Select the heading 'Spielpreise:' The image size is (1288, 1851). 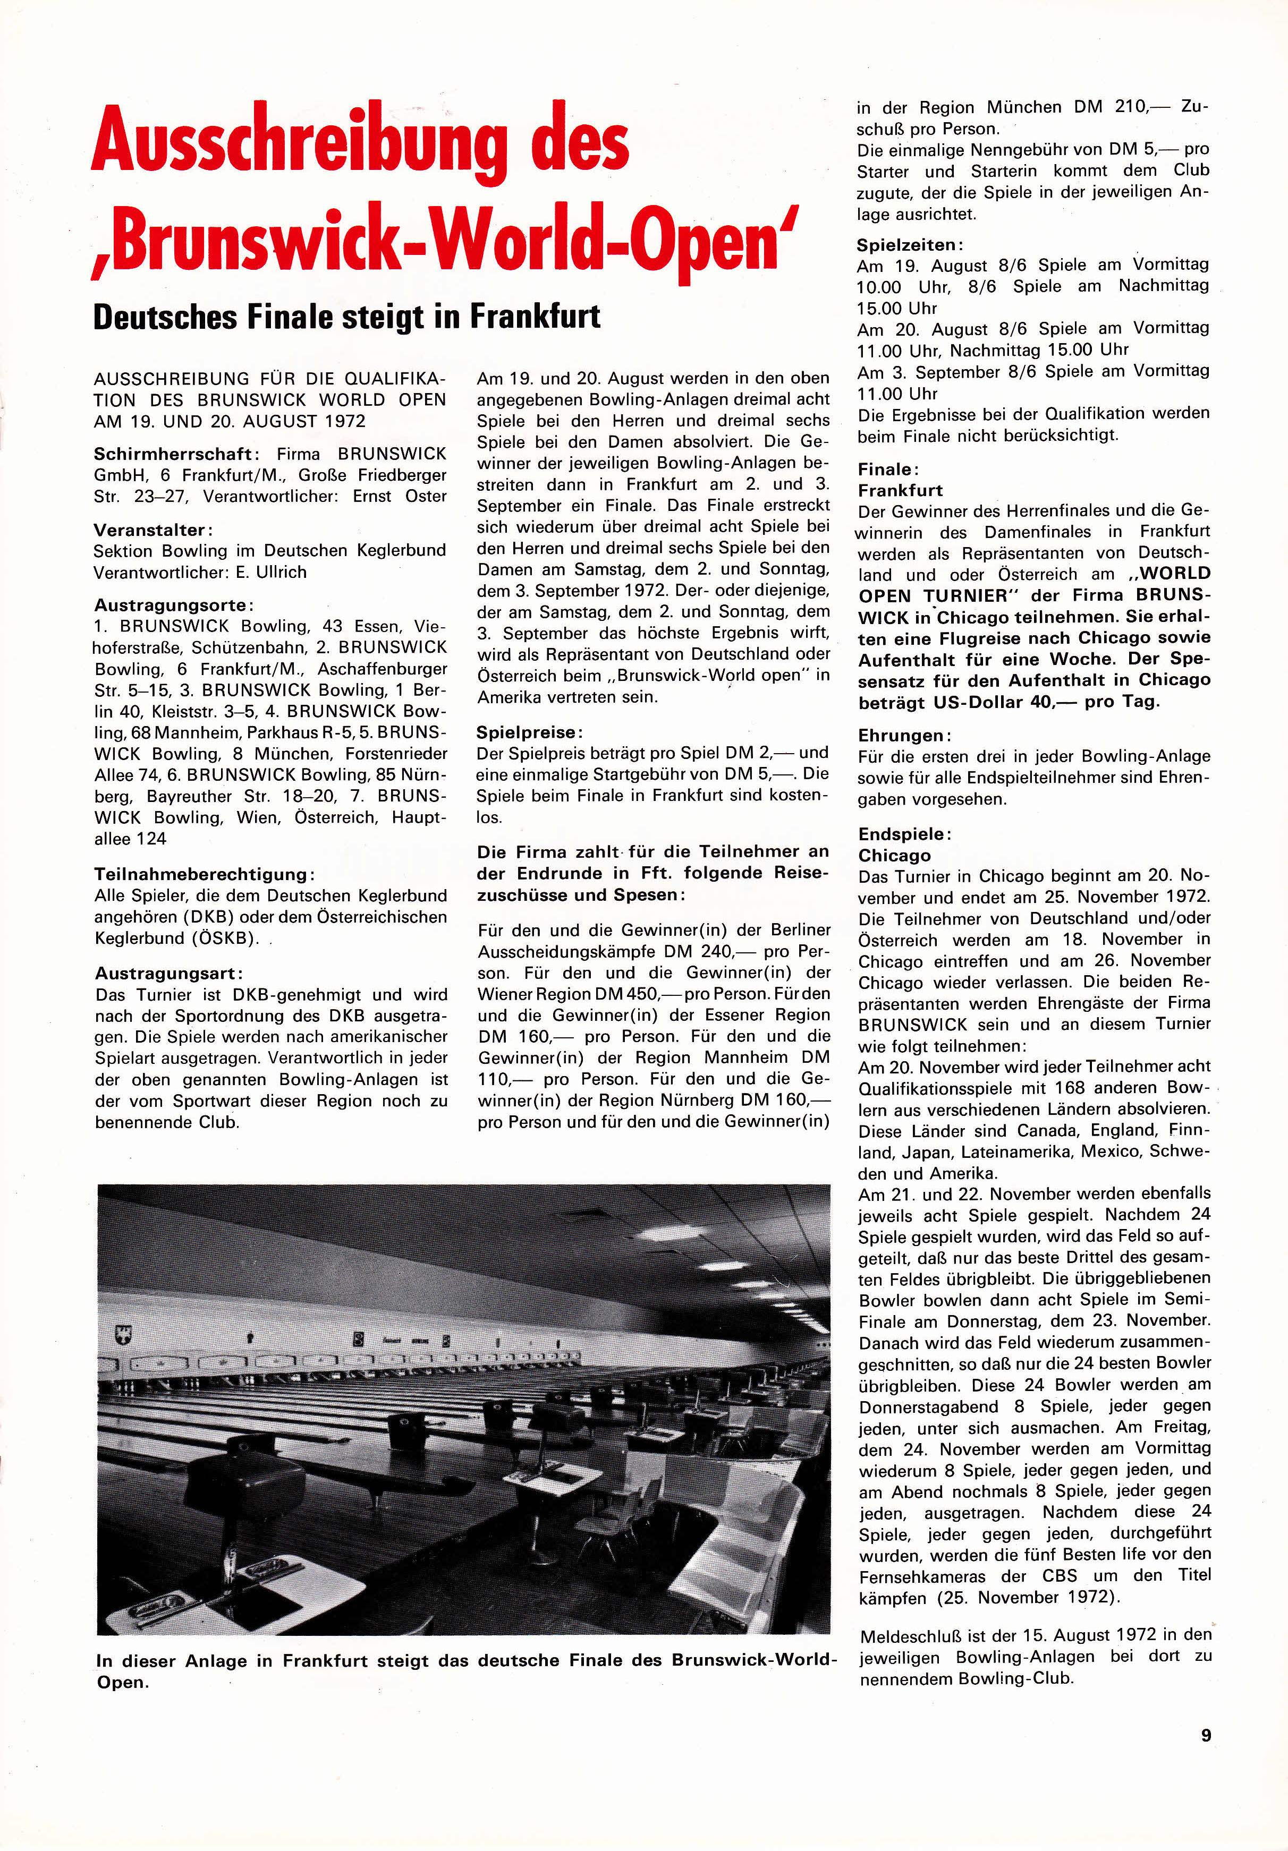coord(528,733)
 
